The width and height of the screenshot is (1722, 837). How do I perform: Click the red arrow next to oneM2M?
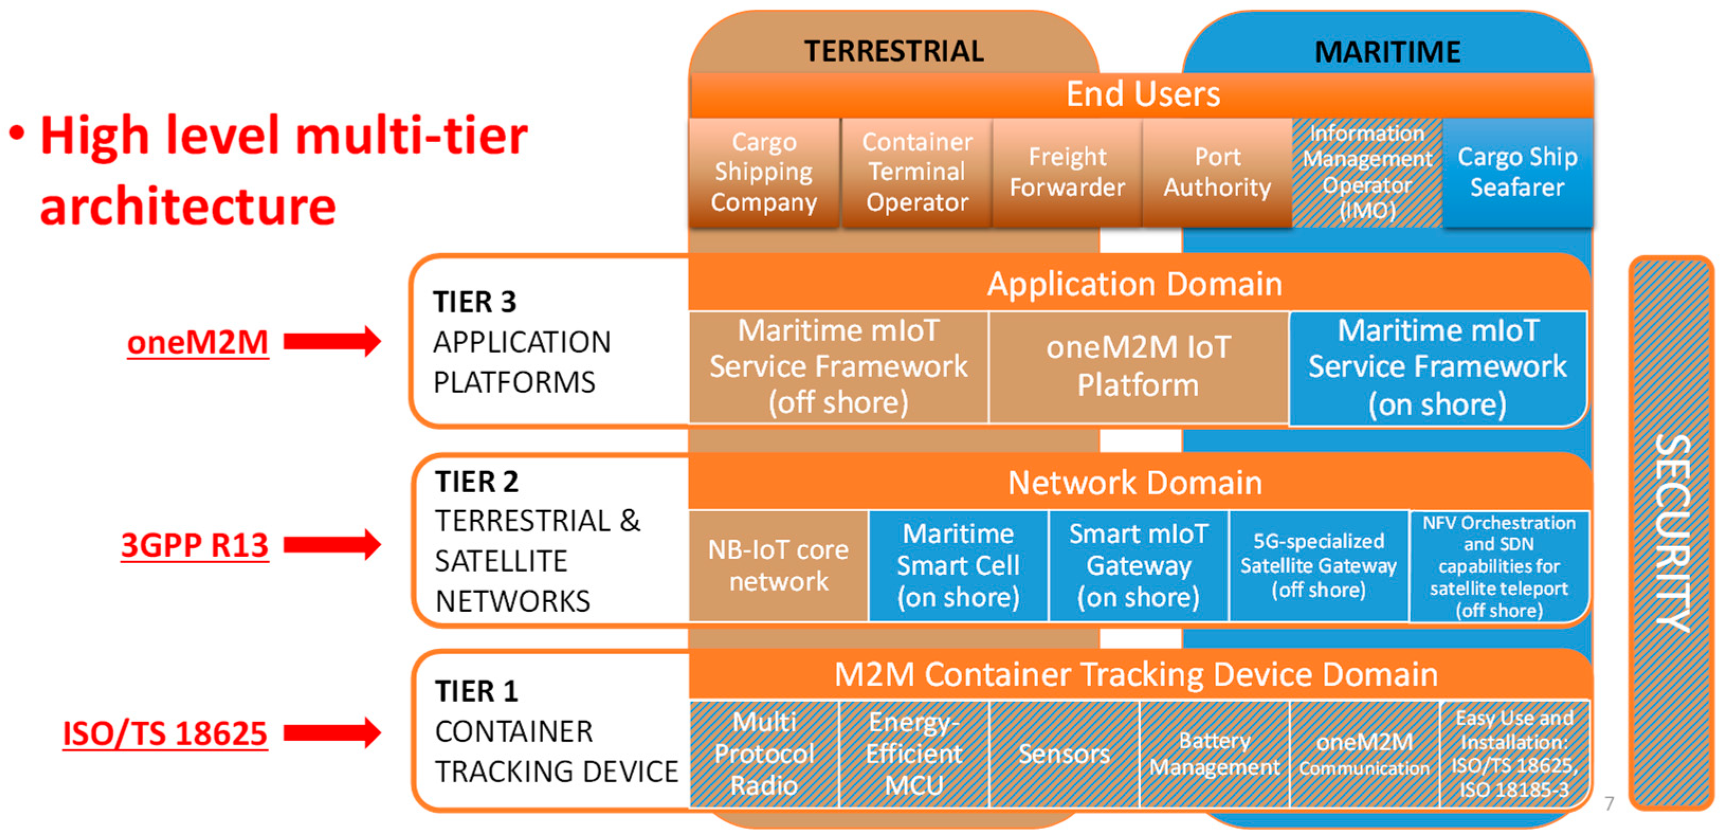point(332,342)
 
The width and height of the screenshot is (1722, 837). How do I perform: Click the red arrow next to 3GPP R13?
point(332,544)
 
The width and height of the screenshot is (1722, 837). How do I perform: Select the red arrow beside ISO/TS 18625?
point(332,733)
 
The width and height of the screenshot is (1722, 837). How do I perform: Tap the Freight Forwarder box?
point(1067,172)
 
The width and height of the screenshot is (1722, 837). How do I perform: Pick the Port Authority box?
point(1216,172)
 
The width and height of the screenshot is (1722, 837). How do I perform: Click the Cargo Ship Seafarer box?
point(1517,172)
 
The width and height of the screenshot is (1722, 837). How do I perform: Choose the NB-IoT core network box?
point(778,566)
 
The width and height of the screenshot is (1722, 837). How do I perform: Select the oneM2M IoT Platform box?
point(1138,366)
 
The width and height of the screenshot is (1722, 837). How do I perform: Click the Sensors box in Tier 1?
point(1064,753)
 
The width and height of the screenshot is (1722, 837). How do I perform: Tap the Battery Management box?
point(1214,753)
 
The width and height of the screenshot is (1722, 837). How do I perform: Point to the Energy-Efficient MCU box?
point(913,753)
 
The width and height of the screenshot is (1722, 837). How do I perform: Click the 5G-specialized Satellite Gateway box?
point(1318,566)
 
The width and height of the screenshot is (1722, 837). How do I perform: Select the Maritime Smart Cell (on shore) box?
point(958,566)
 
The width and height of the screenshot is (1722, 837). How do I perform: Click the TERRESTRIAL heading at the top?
point(894,51)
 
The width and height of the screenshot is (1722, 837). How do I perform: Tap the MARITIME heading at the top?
point(1387,52)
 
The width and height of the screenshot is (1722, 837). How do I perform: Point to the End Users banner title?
point(1142,94)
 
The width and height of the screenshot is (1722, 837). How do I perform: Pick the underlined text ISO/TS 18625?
point(165,733)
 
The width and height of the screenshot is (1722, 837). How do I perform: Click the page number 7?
point(1609,803)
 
